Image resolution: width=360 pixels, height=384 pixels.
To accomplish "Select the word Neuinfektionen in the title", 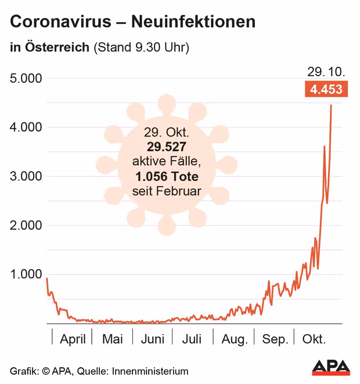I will click(193, 23).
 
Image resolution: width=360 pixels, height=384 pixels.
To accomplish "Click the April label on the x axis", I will click(73, 339).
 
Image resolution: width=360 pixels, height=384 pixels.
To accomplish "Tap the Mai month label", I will click(112, 339).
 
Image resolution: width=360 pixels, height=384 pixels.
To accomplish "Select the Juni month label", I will click(153, 339).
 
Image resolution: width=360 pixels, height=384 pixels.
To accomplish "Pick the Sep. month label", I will click(275, 339).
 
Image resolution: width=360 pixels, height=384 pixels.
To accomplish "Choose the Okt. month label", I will click(314, 339).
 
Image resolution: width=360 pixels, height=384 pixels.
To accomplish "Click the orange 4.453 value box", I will click(326, 89).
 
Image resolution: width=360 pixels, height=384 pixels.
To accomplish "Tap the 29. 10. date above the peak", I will click(326, 72).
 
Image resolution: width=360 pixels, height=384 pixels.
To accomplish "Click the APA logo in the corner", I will click(332, 367).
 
